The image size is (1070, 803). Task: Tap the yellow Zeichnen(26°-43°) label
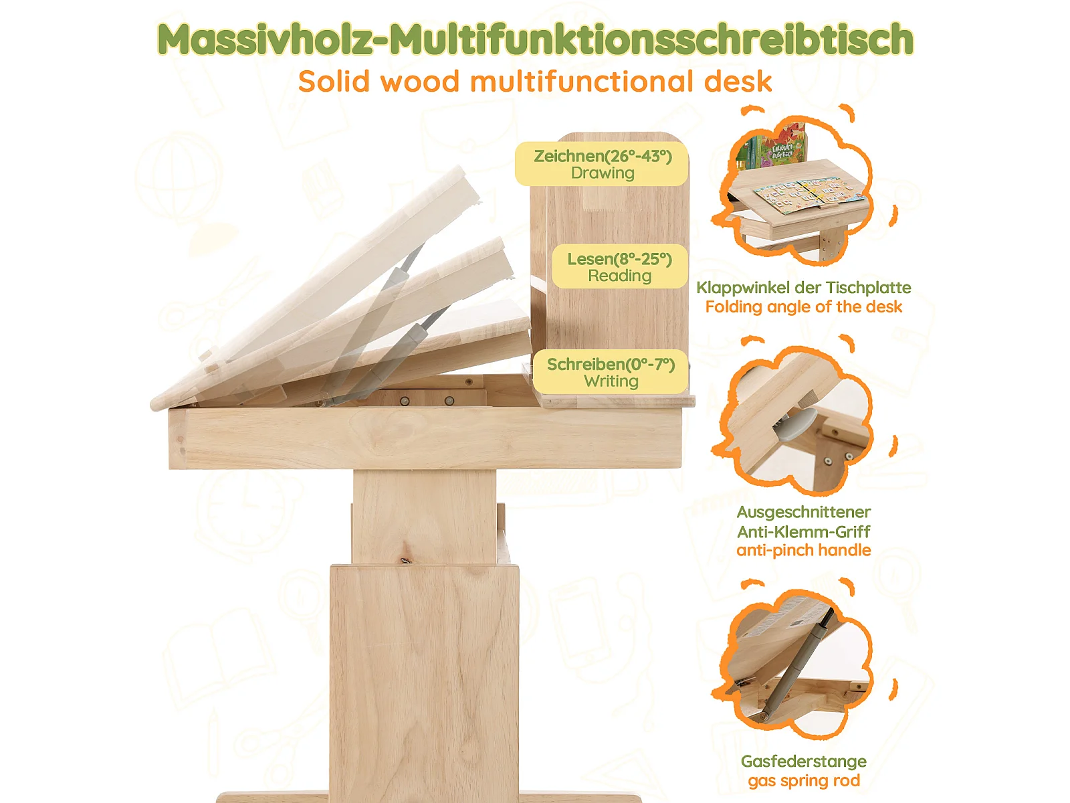coord(602,164)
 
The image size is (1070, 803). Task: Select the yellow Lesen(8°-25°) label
coord(619,267)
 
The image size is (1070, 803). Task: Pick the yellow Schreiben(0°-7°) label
coord(611,372)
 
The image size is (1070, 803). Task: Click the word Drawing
coord(603,173)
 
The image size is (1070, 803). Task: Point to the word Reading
coord(619,276)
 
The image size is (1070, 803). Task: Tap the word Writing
coord(611,381)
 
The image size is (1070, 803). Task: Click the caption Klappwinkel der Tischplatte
coord(803,288)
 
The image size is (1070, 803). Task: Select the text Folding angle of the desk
coord(803,307)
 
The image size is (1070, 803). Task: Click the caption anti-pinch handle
coord(803,551)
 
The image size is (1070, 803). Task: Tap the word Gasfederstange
coord(803,762)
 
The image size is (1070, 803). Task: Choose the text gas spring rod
coord(803,781)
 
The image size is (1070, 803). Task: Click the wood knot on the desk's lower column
coord(405,561)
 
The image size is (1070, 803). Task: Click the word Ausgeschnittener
coord(803,513)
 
